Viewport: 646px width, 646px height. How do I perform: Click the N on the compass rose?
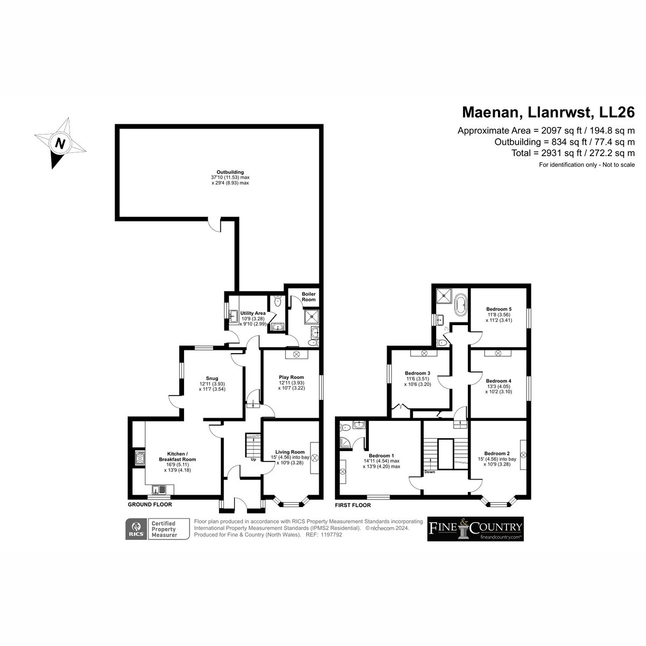tap(60, 143)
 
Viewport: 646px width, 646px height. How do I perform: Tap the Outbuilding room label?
tap(230, 172)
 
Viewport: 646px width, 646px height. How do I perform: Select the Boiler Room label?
tap(308, 297)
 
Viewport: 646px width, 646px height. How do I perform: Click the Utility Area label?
tap(253, 313)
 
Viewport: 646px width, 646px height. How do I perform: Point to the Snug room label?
tap(212, 378)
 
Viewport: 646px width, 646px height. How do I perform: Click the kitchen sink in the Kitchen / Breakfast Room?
tap(159, 490)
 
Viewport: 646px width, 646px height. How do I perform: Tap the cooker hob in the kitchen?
tap(140, 458)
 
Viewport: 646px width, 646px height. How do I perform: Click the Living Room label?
tap(290, 452)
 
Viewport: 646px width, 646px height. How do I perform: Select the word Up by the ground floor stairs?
tap(254, 460)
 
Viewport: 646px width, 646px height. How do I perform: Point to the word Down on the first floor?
tap(430, 472)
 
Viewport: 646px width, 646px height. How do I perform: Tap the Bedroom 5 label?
tap(499, 309)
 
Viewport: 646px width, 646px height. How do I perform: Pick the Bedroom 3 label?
tap(417, 373)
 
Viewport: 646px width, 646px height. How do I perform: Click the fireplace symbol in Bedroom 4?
tap(498, 353)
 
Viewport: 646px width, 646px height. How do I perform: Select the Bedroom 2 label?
tap(497, 453)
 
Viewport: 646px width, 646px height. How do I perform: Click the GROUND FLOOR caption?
tap(150, 504)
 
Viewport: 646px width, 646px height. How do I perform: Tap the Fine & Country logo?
tap(475, 529)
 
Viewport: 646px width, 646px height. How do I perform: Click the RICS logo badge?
tap(136, 529)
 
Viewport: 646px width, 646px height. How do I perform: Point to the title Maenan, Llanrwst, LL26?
tap(549, 113)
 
